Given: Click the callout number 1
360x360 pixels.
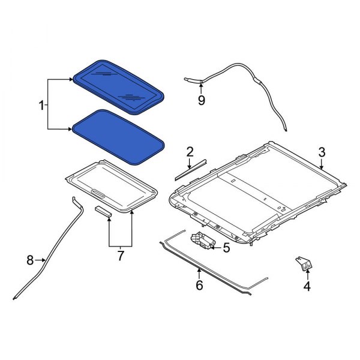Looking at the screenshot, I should click(41, 106).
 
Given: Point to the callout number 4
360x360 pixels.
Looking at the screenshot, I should click(307, 286).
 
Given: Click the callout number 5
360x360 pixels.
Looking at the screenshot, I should click(226, 247).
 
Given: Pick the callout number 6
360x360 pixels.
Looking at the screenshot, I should click(199, 286).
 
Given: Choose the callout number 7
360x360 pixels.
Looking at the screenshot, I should click(120, 256).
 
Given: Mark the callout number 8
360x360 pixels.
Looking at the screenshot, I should click(30, 260).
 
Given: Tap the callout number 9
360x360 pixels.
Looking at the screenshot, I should click(201, 100).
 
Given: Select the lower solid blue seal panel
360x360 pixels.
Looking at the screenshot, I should click(117, 137).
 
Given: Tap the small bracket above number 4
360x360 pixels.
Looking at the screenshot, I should click(304, 263).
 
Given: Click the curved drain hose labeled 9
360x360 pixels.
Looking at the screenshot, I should click(258, 84).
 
